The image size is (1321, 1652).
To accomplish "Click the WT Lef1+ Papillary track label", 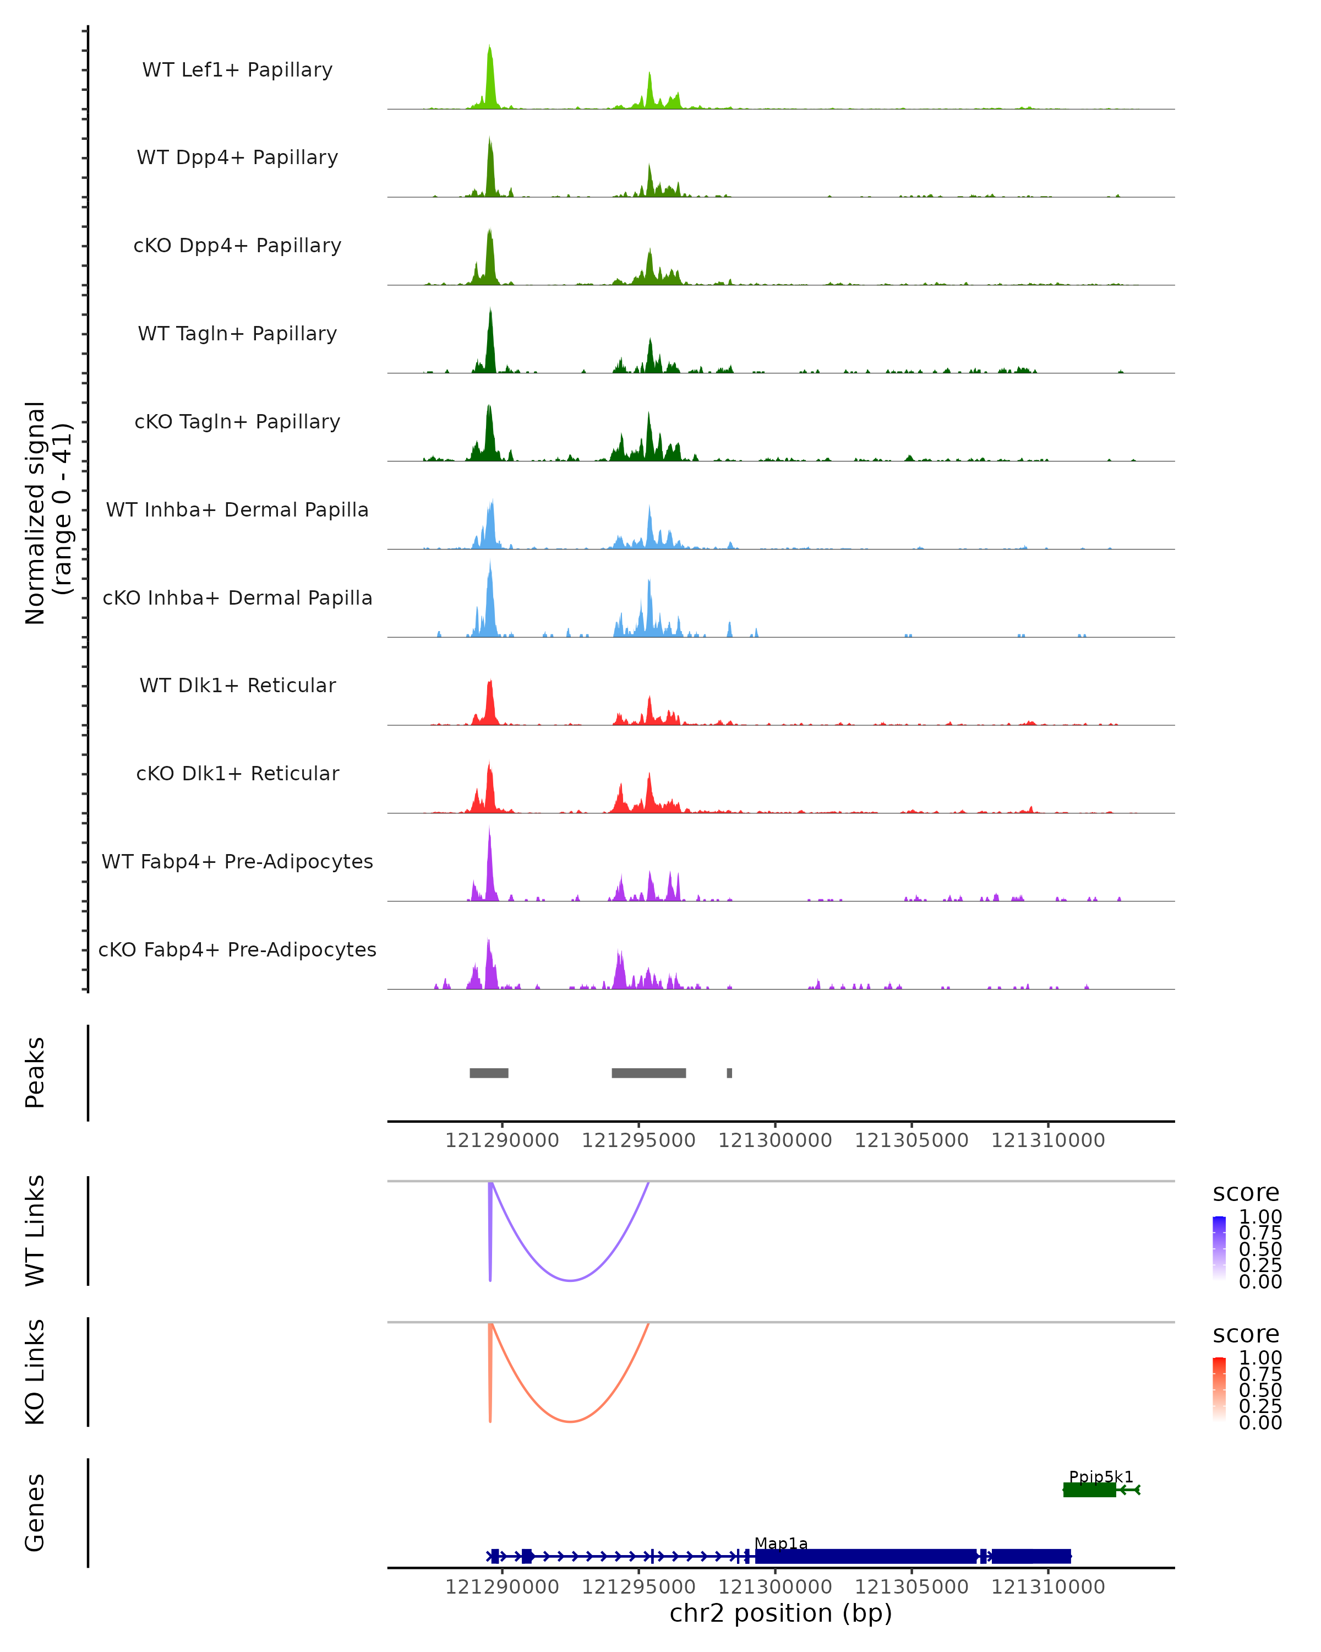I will [x=237, y=70].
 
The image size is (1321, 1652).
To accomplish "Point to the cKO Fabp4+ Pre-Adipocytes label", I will [x=237, y=949].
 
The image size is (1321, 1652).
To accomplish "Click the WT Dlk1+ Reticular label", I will [x=237, y=685].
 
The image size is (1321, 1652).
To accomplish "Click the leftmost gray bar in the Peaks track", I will [x=489, y=1073].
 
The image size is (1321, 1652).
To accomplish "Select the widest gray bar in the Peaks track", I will [x=648, y=1073].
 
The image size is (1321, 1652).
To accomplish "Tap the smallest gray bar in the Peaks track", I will [x=729, y=1073].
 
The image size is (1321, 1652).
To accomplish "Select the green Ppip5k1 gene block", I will [x=1089, y=1490].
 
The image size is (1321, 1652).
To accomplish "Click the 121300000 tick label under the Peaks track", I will [x=775, y=1140].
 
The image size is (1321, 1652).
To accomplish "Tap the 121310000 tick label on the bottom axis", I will [x=1047, y=1587].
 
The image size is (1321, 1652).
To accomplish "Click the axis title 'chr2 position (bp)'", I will [x=780, y=1613].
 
